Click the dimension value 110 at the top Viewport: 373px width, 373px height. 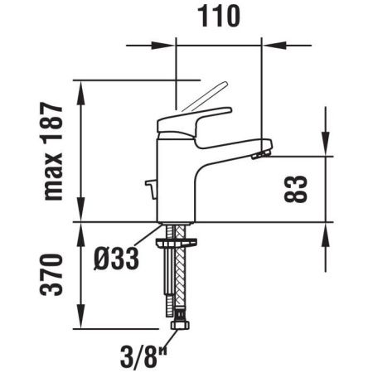tap(219, 17)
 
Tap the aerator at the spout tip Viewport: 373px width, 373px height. tap(261, 151)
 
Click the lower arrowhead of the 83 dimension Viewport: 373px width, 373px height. tap(326, 230)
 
